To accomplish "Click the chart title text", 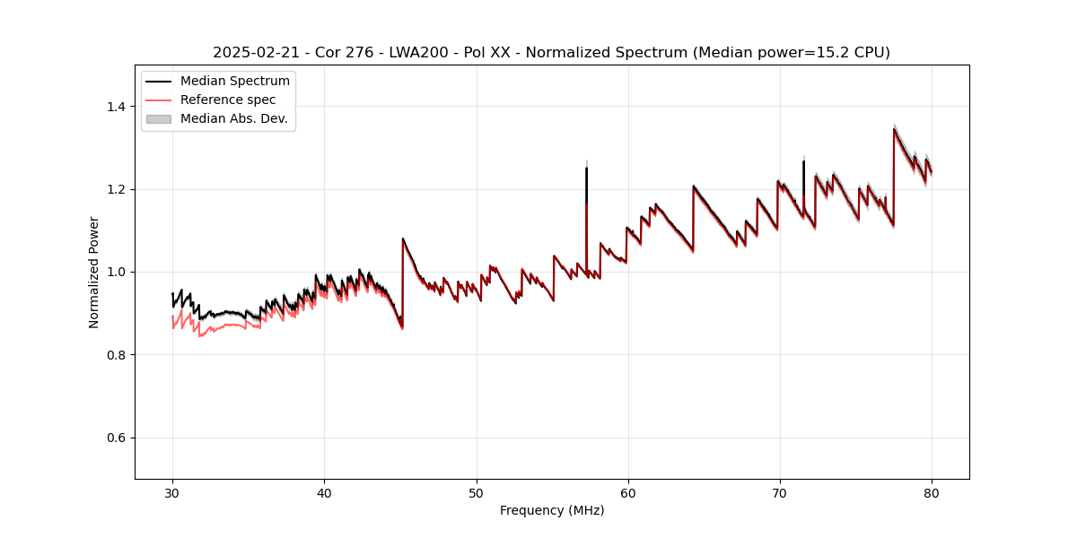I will pos(551,53).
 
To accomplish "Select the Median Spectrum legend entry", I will pos(234,82).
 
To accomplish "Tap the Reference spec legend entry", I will pos(228,100).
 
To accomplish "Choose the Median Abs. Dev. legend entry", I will pos(233,118).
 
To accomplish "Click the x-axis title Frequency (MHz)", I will pos(552,510).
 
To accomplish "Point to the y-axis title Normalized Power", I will pos(93,272).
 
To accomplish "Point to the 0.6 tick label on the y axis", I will pos(116,438).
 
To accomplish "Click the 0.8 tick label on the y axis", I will pos(116,355).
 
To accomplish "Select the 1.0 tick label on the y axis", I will pos(116,272).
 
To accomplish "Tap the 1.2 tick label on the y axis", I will pos(116,189).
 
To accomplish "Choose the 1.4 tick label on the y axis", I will pos(116,107).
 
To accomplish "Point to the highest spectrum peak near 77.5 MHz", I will pos(894,129).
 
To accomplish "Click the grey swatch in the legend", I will pos(158,118).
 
